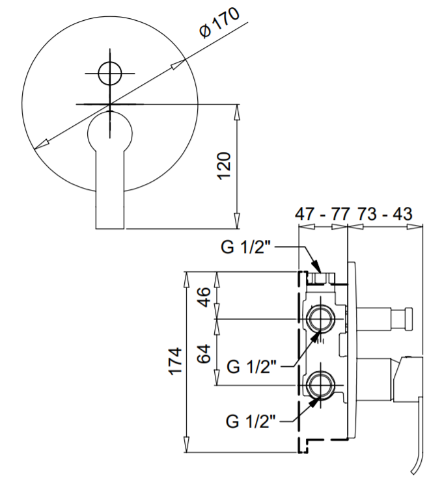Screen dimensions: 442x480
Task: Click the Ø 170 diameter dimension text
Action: point(219,23)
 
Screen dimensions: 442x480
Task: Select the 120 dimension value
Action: point(224,166)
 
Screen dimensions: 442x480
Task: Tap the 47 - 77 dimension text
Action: point(322,213)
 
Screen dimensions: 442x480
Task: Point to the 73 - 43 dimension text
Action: point(385,213)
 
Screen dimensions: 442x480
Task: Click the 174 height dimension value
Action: point(176,361)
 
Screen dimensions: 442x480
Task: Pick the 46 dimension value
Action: point(203,297)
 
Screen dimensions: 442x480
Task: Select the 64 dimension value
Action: point(203,354)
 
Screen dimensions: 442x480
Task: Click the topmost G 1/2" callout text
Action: point(247,247)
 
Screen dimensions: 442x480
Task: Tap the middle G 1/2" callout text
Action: point(252,366)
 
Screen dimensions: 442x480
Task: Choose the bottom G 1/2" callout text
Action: point(251,421)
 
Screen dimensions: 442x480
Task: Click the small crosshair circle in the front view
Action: point(109,73)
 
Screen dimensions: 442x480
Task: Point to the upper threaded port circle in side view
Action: point(320,319)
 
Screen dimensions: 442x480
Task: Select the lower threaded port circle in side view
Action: point(320,385)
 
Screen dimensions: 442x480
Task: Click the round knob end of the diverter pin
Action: point(409,319)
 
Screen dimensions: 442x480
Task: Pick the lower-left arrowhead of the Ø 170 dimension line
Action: point(42,144)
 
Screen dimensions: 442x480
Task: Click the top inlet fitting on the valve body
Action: point(321,278)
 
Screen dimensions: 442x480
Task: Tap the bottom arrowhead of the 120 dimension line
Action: point(236,220)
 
